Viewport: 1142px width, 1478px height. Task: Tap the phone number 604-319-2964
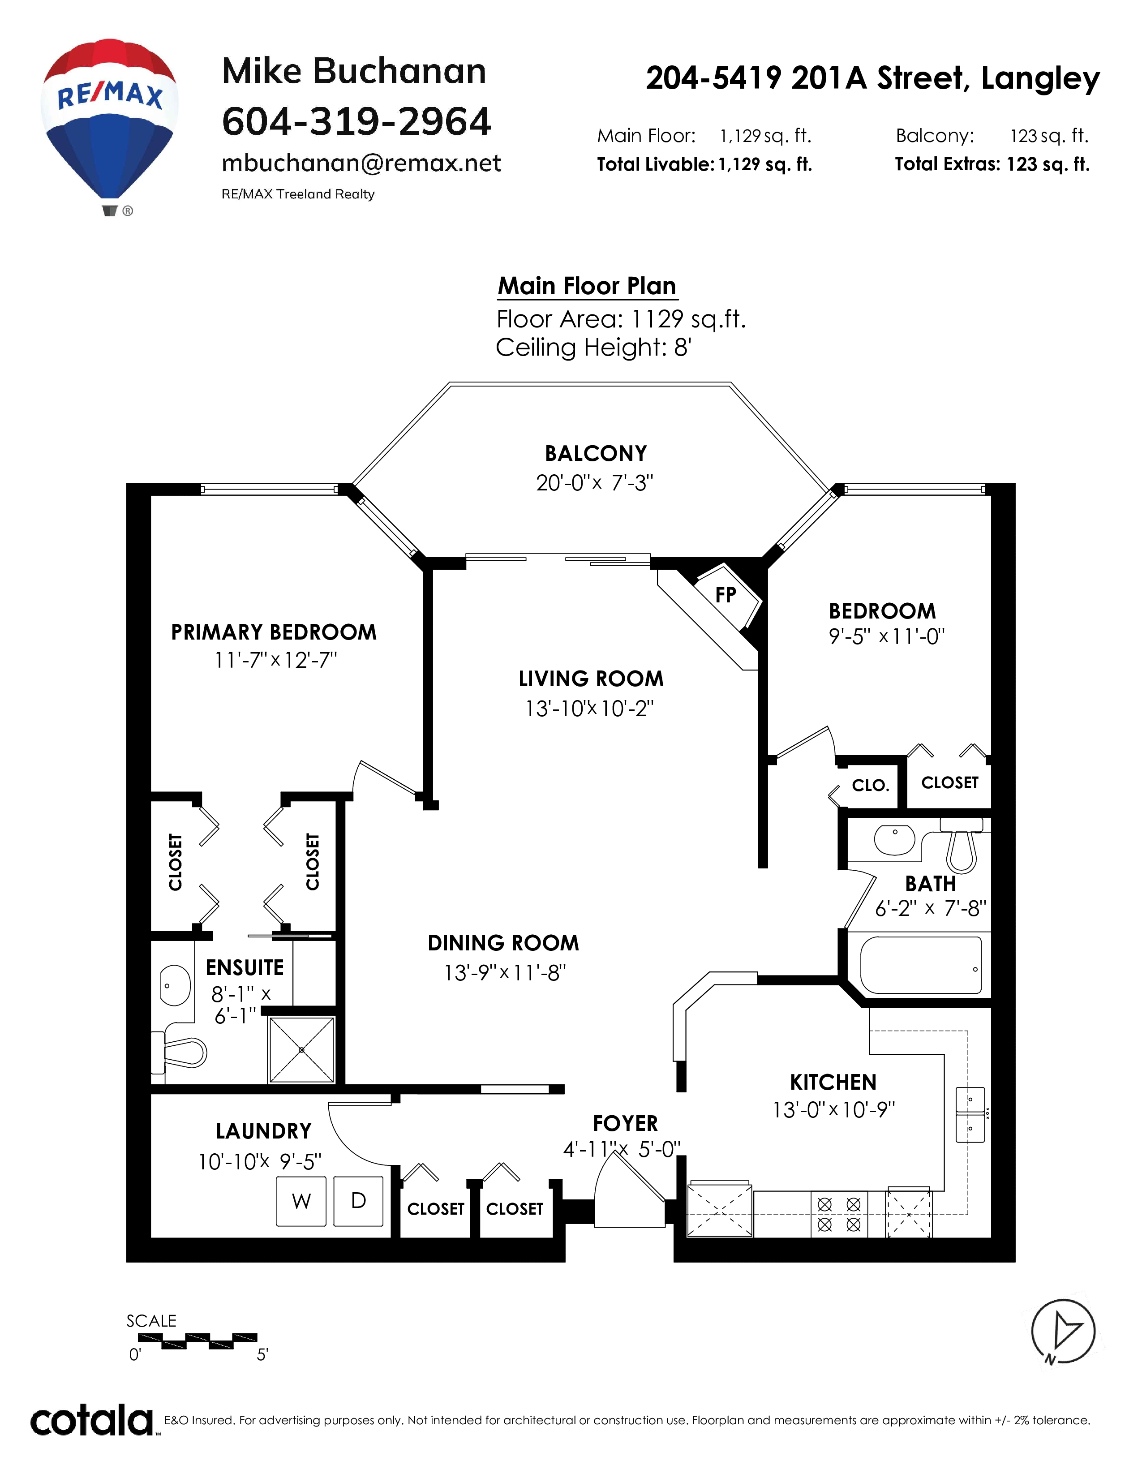tap(356, 122)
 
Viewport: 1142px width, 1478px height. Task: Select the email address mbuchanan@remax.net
tap(361, 164)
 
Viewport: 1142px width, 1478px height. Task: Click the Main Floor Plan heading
tap(587, 286)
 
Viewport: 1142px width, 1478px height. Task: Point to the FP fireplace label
tap(725, 595)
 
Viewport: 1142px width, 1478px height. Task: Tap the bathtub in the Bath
tap(921, 965)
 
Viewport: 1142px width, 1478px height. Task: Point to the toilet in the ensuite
tap(179, 1053)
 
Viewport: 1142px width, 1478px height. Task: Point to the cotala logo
tap(92, 1421)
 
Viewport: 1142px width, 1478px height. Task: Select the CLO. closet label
tap(870, 785)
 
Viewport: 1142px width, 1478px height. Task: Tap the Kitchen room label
tap(833, 1082)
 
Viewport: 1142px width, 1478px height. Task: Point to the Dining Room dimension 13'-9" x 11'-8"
tap(505, 972)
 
